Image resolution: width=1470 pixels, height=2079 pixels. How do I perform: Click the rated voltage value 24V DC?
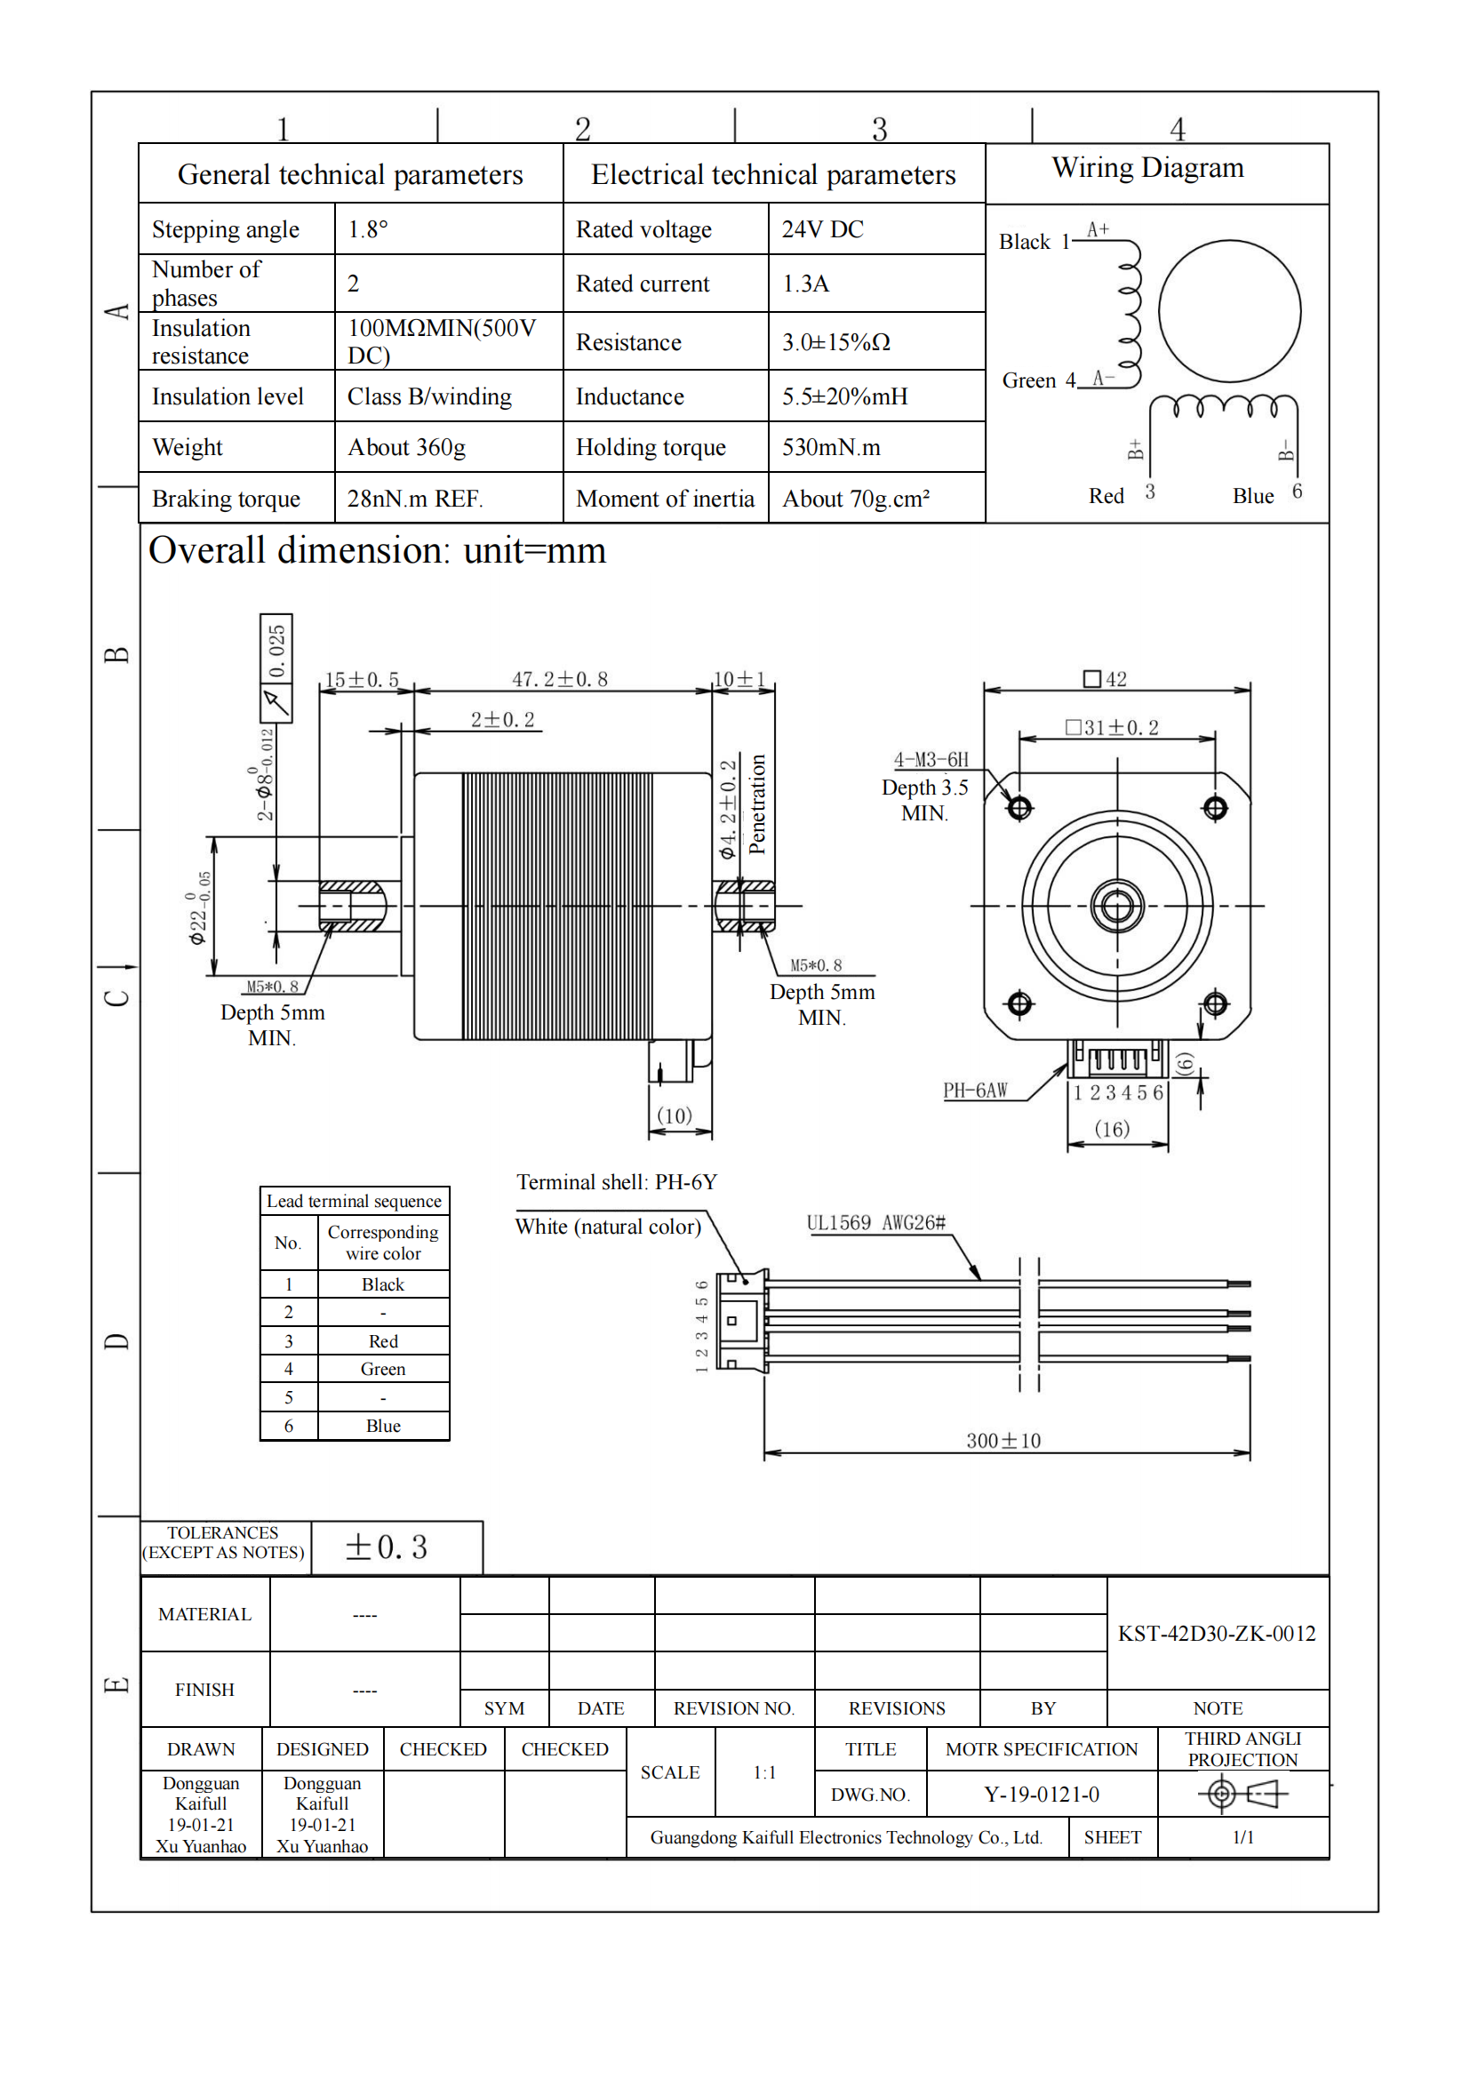(x=822, y=229)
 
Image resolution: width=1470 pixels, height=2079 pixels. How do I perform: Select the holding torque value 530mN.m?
(x=830, y=447)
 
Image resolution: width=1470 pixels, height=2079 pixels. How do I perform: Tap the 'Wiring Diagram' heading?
(x=1146, y=167)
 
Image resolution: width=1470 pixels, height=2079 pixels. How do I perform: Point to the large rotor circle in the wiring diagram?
(x=1228, y=310)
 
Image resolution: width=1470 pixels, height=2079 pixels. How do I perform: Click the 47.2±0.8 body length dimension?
(x=559, y=679)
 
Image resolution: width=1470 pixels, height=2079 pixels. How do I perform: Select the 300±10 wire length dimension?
(x=1003, y=1440)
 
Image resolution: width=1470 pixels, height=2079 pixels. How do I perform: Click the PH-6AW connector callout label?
(x=975, y=1091)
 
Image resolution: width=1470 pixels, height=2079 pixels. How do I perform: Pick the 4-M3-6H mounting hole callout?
(x=931, y=760)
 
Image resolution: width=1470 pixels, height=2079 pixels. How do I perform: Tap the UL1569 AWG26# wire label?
(x=875, y=1222)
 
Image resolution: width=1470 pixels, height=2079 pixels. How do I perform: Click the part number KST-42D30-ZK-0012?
(x=1216, y=1633)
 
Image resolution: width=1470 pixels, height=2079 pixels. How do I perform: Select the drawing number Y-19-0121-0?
(x=1041, y=1794)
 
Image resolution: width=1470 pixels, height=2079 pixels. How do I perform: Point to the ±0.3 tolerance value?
(x=386, y=1547)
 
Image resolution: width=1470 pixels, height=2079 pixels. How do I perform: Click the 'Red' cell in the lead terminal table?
(x=383, y=1341)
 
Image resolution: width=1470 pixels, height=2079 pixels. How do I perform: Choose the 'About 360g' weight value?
(x=406, y=447)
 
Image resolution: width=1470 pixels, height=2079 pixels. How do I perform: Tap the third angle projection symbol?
(x=1242, y=1793)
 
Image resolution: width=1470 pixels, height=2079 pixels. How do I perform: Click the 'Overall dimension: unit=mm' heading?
(x=377, y=550)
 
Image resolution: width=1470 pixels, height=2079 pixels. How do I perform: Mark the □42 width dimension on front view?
(x=1105, y=679)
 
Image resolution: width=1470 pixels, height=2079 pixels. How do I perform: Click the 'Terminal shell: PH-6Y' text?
(x=617, y=1181)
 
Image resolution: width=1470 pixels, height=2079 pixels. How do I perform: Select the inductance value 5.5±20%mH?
(x=843, y=396)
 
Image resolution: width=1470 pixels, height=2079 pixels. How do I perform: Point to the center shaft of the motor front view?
(x=1116, y=905)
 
